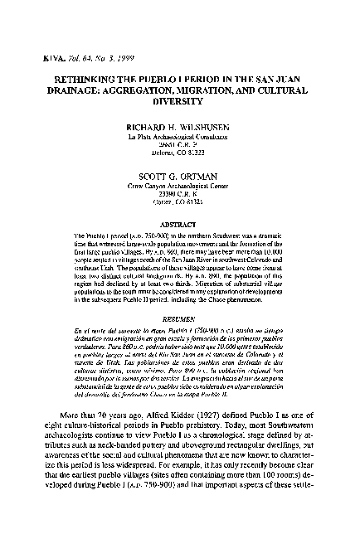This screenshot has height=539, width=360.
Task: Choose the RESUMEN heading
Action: [x=180, y=296]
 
